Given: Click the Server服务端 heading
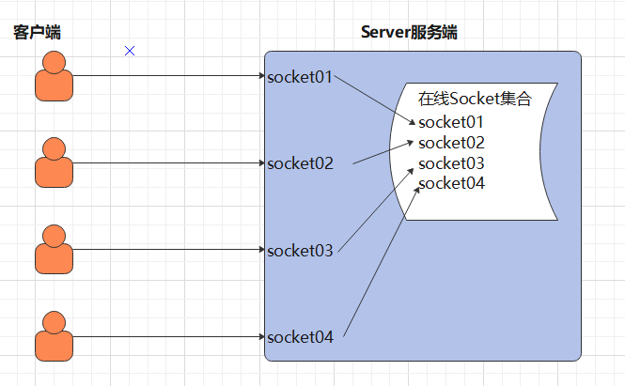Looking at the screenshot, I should (409, 33).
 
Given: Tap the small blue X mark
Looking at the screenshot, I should (130, 50).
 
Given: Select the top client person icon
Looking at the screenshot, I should (54, 76).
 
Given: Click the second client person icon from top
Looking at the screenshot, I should (54, 162).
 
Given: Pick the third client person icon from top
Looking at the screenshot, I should (54, 250).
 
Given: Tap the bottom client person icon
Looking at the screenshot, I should (54, 336).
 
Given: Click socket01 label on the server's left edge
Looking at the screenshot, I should (300, 76).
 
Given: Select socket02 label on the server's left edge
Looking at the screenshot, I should (300, 163).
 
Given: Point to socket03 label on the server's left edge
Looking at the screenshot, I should (300, 251).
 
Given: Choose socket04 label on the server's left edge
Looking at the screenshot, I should (300, 337).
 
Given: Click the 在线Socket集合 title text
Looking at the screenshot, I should (476, 99).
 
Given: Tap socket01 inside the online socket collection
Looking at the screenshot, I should (451, 122).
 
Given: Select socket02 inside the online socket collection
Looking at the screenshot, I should (451, 143).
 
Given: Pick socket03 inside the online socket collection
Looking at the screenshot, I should (451, 163).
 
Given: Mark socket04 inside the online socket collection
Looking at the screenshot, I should (451, 183).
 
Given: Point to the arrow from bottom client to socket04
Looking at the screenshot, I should (169, 336).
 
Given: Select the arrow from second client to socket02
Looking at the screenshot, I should (169, 162).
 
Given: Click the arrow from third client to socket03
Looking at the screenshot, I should (169, 250).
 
